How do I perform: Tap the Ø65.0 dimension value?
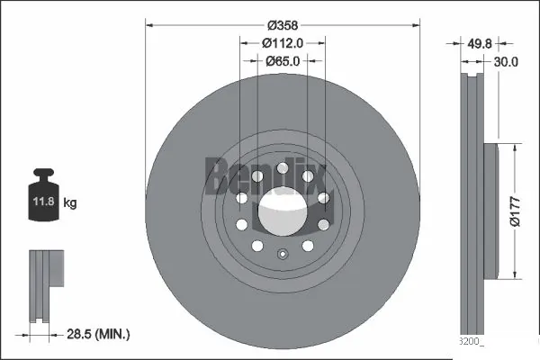pos(282,61)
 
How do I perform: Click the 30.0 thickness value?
pos(506,62)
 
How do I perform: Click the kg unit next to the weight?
pos(70,203)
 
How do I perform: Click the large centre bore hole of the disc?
pos(282,212)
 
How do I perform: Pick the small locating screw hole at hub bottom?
pos(282,253)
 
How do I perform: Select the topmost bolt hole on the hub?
pos(282,167)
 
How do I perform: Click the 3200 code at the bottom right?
pos(472,341)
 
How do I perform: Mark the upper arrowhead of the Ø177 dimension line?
pos(514,145)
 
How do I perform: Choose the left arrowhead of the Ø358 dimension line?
pos(150,25)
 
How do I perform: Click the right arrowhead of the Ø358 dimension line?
pos(413,25)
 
